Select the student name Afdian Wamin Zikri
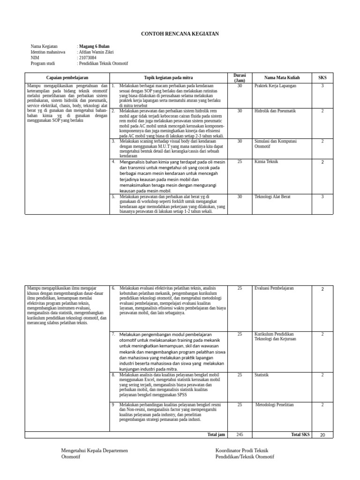(96, 52)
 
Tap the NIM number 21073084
(87, 58)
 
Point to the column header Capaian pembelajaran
(67, 77)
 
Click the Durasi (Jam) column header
(240, 77)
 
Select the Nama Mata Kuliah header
(282, 77)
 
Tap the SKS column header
(322, 77)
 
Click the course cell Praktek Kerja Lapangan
(275, 86)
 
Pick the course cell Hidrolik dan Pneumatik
(275, 111)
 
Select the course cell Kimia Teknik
(266, 162)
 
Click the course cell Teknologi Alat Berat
(272, 197)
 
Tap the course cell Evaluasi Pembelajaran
(274, 288)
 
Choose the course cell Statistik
(262, 375)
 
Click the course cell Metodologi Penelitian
(275, 404)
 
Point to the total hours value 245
(240, 435)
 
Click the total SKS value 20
(322, 435)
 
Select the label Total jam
(216, 435)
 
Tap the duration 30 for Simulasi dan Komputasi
(240, 141)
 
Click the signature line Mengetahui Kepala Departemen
(94, 450)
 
